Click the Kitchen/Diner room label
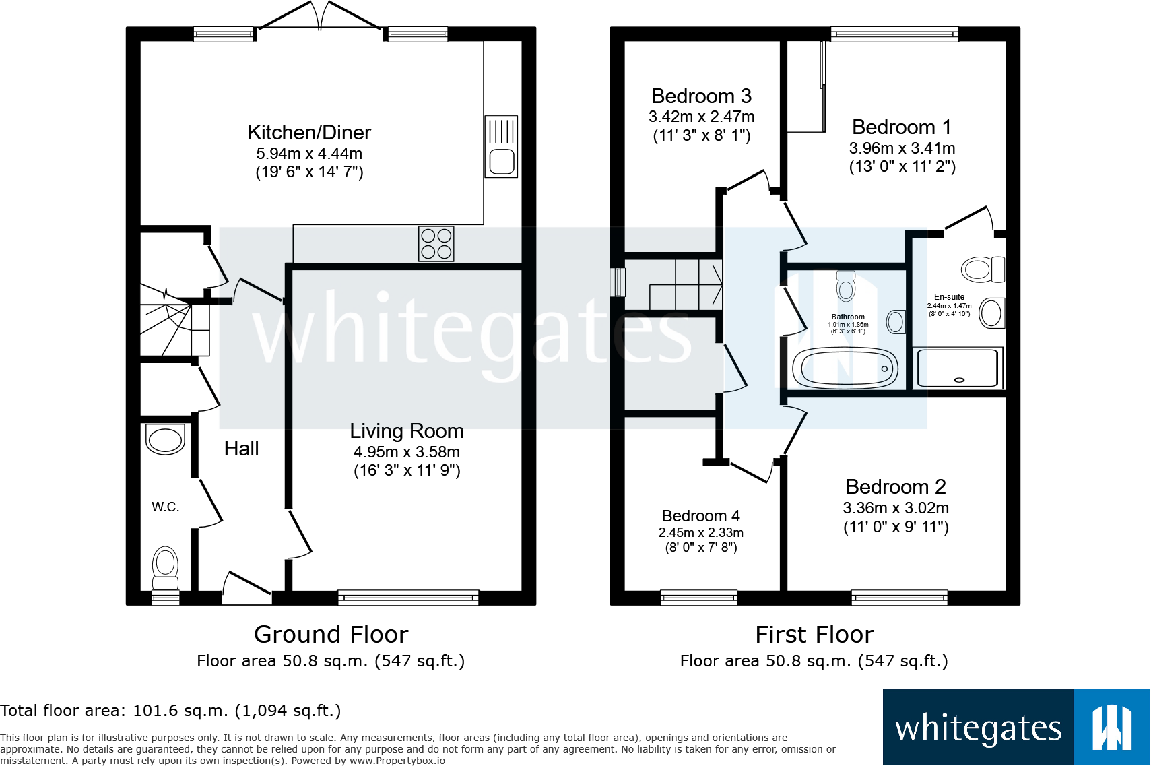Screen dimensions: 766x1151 click(x=309, y=133)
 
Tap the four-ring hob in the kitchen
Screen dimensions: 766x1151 click(x=436, y=243)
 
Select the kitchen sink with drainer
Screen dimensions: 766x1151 click(x=501, y=146)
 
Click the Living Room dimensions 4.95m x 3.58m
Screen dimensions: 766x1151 click(x=407, y=452)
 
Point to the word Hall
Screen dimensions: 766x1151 click(x=241, y=449)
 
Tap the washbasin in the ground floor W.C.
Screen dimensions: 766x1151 click(x=165, y=440)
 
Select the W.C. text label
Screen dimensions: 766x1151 click(x=165, y=507)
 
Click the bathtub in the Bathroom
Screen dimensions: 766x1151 click(x=845, y=369)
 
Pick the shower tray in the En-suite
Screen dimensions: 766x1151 click(x=958, y=368)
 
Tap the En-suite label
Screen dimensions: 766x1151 click(x=949, y=297)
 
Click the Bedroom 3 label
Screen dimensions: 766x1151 click(x=701, y=96)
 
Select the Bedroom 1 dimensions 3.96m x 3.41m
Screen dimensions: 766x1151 click(x=902, y=148)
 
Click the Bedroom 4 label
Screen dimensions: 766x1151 click(x=700, y=516)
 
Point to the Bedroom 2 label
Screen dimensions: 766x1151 click(x=896, y=487)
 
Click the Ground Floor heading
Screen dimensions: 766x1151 click(x=331, y=635)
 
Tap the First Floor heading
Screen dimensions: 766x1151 click(x=814, y=635)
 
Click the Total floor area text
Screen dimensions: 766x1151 click(x=170, y=711)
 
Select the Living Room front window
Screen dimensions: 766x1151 click(x=408, y=597)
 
